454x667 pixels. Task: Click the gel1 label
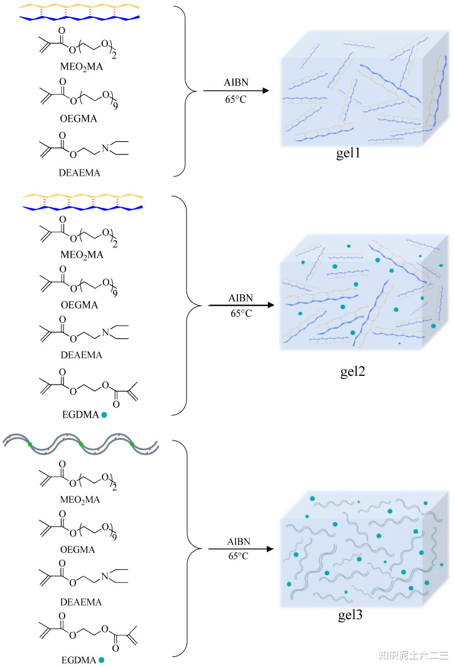[348, 152]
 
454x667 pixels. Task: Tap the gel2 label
[353, 371]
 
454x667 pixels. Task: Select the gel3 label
[350, 614]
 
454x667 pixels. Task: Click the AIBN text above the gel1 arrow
[236, 82]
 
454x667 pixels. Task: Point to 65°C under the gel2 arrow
[242, 314]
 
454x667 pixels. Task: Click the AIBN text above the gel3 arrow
[239, 542]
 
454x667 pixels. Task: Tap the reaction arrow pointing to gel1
[236, 90]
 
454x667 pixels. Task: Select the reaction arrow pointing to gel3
[241, 549]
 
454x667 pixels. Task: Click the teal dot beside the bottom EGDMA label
[101, 659]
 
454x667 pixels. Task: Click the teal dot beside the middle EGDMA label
[104, 415]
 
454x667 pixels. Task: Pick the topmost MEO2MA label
[82, 67]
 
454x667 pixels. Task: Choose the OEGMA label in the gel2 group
[79, 305]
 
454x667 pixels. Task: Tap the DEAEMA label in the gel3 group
[81, 602]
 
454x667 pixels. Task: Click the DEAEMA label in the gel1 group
[80, 173]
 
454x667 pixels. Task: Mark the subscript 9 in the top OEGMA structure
[115, 105]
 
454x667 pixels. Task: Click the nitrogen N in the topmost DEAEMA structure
[105, 148]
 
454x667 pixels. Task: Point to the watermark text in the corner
[413, 655]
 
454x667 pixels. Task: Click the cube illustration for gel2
[364, 292]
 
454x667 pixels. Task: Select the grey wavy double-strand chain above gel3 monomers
[81, 444]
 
